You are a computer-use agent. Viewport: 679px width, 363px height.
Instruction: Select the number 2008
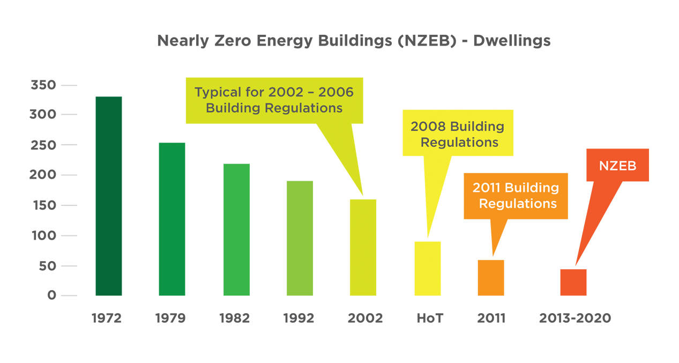point(428,127)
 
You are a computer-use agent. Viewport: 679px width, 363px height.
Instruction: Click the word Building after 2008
point(477,127)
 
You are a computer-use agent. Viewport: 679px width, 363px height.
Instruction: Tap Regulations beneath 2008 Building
point(459,143)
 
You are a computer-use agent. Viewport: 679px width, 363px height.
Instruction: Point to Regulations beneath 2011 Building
point(517,204)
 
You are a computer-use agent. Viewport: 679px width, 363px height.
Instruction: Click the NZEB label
point(617,166)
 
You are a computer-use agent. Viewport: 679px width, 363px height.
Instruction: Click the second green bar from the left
point(171,225)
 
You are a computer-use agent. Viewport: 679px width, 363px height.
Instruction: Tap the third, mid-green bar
point(236,231)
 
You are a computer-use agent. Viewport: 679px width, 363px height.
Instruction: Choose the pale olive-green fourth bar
point(299,236)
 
